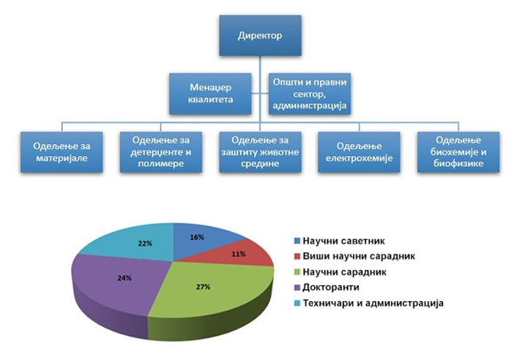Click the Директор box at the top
260,35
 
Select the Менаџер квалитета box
210,93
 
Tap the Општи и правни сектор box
309,93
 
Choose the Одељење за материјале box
61,152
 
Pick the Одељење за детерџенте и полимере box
161,152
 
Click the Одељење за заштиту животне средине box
260,152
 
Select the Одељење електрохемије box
359,152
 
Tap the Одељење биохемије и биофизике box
459,152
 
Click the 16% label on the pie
197,238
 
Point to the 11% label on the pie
239,254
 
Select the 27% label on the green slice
203,287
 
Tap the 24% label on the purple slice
124,278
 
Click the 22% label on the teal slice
145,243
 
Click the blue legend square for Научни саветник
297,241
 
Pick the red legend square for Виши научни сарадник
297,256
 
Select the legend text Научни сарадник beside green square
345,272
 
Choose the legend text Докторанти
331,288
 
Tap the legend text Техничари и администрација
373,303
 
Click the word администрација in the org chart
309,106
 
